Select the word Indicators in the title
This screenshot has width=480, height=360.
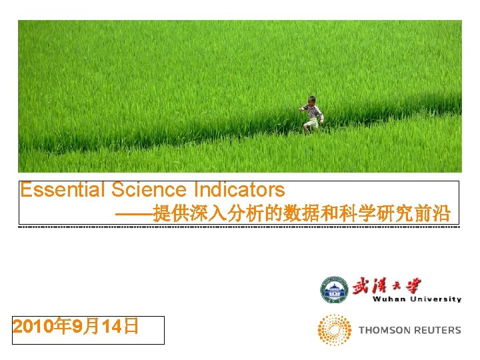pos(239,190)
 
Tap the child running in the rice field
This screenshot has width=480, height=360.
pos(311,115)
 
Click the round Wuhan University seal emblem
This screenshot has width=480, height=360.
pos(335,290)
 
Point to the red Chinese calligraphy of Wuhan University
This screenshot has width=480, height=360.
pos(387,285)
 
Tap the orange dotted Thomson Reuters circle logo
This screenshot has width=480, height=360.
pos(335,330)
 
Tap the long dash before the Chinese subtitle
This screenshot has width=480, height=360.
pos(133,215)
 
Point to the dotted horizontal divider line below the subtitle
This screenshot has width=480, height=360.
pos(240,227)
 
